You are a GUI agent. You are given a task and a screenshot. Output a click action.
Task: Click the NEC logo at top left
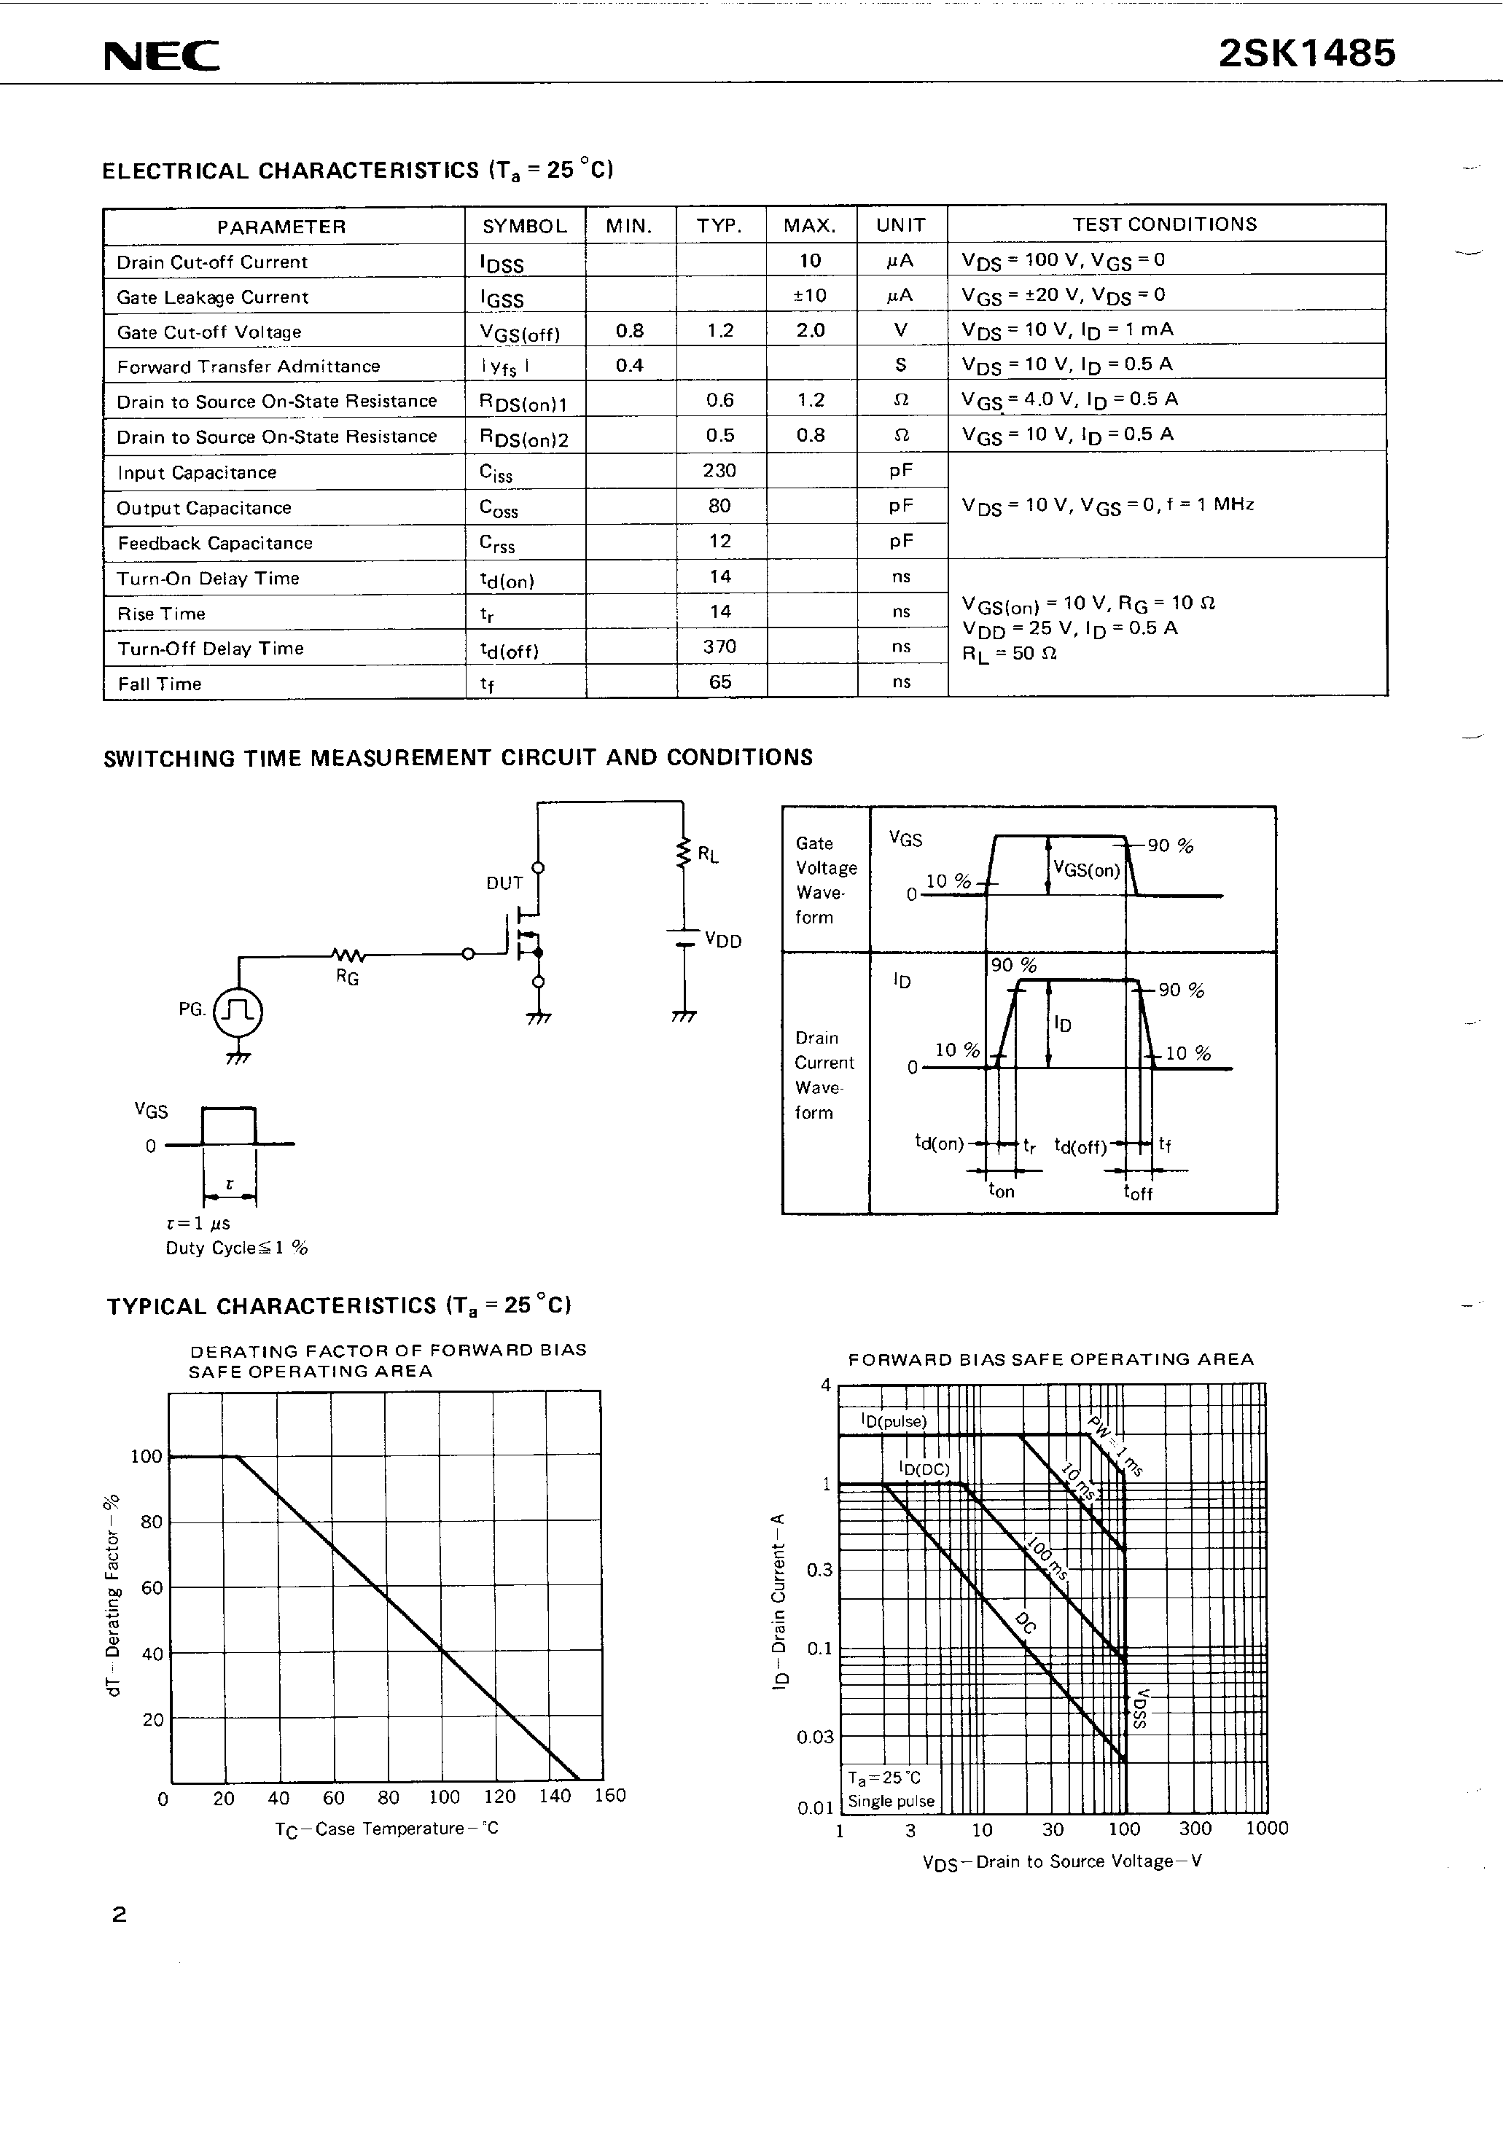pyautogui.click(x=162, y=57)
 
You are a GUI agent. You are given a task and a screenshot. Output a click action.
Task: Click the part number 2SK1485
pyautogui.click(x=1306, y=54)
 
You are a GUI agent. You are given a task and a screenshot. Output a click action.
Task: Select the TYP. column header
pyautogui.click(x=719, y=225)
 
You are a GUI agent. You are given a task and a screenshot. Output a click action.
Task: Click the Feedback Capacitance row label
pyautogui.click(x=214, y=543)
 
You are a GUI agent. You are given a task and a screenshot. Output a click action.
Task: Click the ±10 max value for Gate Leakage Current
pyautogui.click(x=810, y=295)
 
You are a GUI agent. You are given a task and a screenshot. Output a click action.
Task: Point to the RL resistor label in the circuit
pyautogui.click(x=708, y=855)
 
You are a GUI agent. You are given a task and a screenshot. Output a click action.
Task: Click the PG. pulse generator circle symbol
pyautogui.click(x=238, y=1011)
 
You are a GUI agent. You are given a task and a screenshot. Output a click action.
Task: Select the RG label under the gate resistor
pyautogui.click(x=347, y=977)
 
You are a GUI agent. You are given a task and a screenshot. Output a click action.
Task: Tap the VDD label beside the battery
pyautogui.click(x=722, y=940)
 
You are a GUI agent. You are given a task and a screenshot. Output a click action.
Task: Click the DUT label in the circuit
pyautogui.click(x=504, y=883)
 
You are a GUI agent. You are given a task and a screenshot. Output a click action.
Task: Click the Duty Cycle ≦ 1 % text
pyautogui.click(x=236, y=1248)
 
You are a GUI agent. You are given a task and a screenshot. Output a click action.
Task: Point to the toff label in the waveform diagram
pyautogui.click(x=1137, y=1192)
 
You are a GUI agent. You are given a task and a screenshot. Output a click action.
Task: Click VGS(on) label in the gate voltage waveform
pyautogui.click(x=1086, y=869)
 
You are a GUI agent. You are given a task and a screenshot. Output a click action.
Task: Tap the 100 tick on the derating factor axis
pyautogui.click(x=146, y=1456)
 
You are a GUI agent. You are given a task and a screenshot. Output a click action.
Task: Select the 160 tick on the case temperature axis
pyautogui.click(x=610, y=1795)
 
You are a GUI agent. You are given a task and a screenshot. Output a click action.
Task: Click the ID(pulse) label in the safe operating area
pyautogui.click(x=893, y=1421)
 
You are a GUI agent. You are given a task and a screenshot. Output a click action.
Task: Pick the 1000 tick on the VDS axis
pyautogui.click(x=1266, y=1828)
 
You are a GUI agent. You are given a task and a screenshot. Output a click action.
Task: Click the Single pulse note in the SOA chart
pyautogui.click(x=891, y=1801)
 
